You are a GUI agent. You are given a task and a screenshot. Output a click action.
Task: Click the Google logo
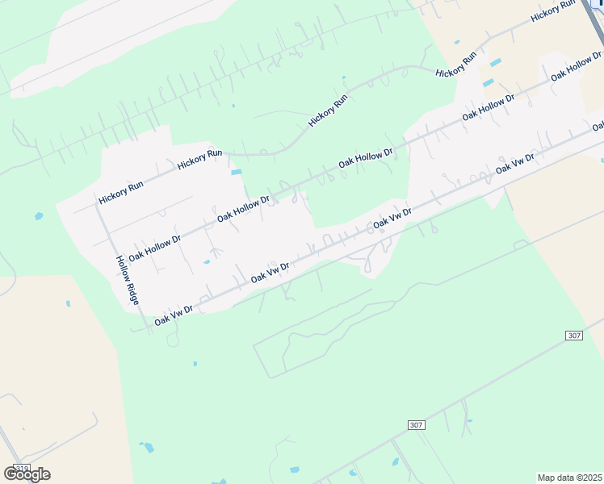click(x=27, y=474)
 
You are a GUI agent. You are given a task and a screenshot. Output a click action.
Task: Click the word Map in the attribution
click(x=547, y=478)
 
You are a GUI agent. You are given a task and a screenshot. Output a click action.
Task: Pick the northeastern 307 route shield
click(x=573, y=335)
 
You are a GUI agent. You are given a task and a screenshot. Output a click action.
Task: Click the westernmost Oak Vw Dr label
click(x=174, y=314)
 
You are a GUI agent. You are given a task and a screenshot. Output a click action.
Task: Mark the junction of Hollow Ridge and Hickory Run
click(x=98, y=202)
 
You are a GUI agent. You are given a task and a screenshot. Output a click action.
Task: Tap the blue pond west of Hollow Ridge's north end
click(x=39, y=216)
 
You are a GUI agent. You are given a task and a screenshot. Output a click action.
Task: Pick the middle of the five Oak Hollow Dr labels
click(x=365, y=157)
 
